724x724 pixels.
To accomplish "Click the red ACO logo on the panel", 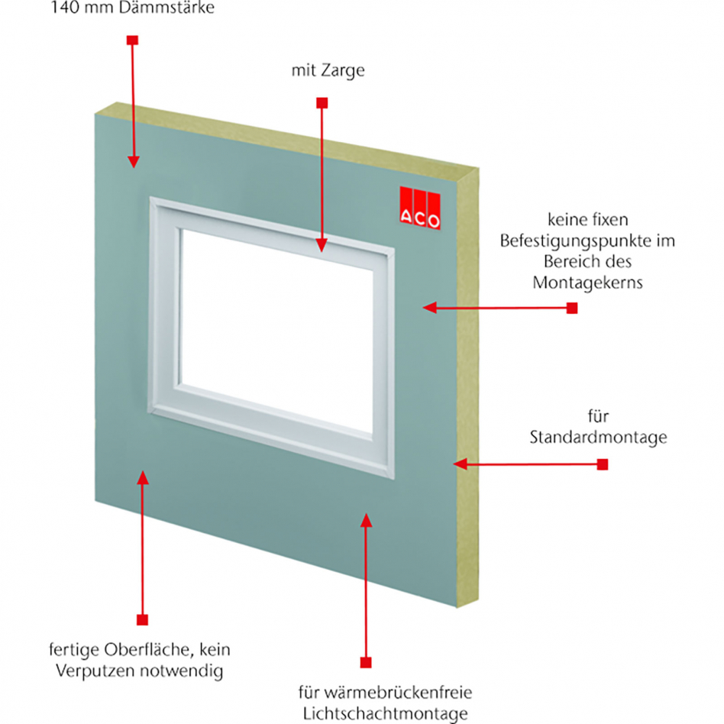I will [x=420, y=207].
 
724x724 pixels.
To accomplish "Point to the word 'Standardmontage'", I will [x=598, y=438].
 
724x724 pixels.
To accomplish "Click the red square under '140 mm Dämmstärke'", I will [x=132, y=40].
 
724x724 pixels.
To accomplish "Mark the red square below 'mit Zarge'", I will [x=322, y=102].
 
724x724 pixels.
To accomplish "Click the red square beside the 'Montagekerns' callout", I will [x=571, y=308].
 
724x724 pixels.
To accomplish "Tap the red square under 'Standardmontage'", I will [x=603, y=464].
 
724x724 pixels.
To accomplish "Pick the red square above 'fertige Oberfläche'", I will [x=141, y=619].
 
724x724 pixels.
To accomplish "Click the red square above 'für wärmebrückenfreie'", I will [x=366, y=661].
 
